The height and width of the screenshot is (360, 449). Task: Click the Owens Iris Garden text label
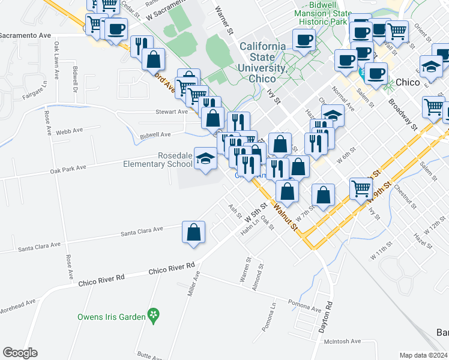tap(111, 316)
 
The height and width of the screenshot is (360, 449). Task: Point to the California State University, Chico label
tap(263, 62)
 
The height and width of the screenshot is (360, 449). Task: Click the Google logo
tap(20, 353)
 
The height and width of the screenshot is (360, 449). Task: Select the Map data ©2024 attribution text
tap(423, 355)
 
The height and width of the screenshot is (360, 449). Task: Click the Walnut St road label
tap(285, 217)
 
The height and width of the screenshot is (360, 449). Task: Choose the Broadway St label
tap(402, 114)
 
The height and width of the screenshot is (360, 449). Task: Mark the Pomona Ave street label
tap(304, 304)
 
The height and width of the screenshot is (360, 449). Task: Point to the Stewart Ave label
tap(172, 112)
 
